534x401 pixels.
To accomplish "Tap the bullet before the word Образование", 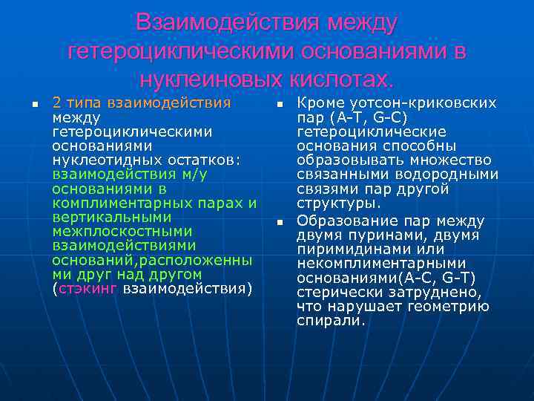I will (x=280, y=222).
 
